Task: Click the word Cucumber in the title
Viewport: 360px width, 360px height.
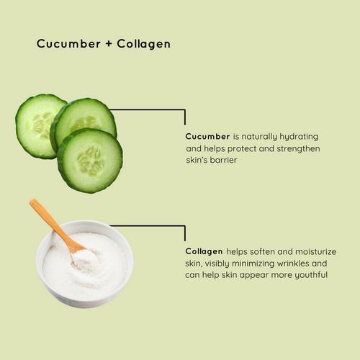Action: click(68, 44)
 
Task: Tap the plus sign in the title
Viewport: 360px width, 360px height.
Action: click(109, 44)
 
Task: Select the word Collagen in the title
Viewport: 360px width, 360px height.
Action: click(144, 44)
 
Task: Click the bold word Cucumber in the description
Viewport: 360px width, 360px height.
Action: click(207, 137)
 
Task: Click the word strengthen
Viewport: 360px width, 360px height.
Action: click(298, 148)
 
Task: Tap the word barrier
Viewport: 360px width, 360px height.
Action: click(223, 160)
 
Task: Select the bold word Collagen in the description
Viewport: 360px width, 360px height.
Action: click(204, 252)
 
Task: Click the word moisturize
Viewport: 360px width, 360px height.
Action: click(315, 251)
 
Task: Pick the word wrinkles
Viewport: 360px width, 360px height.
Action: click(293, 264)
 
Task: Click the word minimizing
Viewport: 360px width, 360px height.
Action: click(253, 264)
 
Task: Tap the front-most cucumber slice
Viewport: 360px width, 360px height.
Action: click(90, 161)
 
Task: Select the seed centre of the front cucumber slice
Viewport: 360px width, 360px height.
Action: click(90, 161)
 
